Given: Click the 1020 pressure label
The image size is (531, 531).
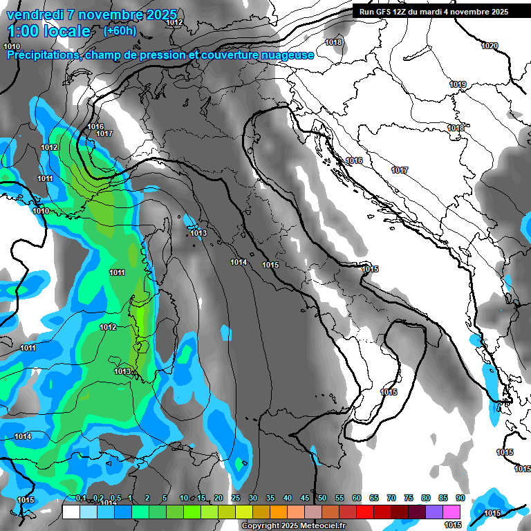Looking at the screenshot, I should click(x=489, y=46).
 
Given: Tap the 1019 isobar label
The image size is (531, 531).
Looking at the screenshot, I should click(x=458, y=84).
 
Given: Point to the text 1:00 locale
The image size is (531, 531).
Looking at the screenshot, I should click(x=49, y=32).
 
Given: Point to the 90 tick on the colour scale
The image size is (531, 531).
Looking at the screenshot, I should click(x=460, y=498).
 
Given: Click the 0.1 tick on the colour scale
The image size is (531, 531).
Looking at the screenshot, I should click(x=81, y=498).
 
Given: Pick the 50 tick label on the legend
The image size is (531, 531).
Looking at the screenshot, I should click(x=322, y=498).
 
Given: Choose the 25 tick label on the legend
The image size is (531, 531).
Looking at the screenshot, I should click(x=236, y=498).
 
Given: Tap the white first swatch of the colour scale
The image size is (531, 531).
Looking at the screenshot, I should click(x=71, y=512).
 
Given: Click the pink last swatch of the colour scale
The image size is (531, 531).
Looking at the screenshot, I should click(x=452, y=512).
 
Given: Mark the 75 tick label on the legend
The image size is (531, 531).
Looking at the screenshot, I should click(x=409, y=498).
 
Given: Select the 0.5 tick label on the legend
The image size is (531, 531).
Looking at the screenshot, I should click(x=115, y=498).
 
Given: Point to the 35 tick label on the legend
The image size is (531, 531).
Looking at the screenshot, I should click(x=270, y=498).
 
